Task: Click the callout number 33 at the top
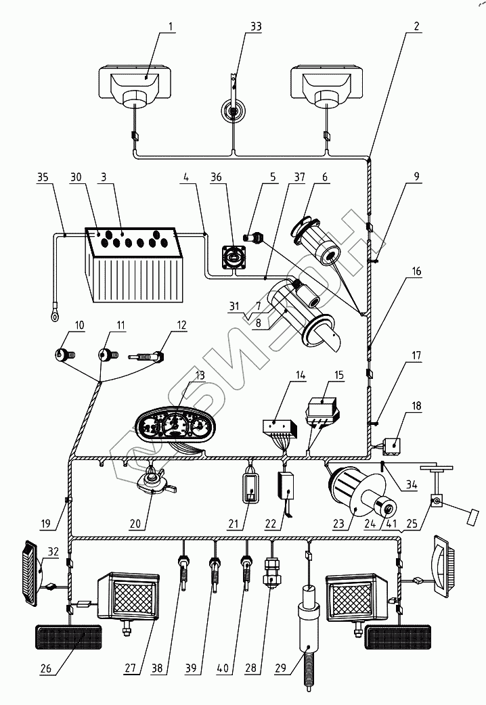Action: pyautogui.click(x=237, y=26)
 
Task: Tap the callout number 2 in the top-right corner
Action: pyautogui.click(x=416, y=26)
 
